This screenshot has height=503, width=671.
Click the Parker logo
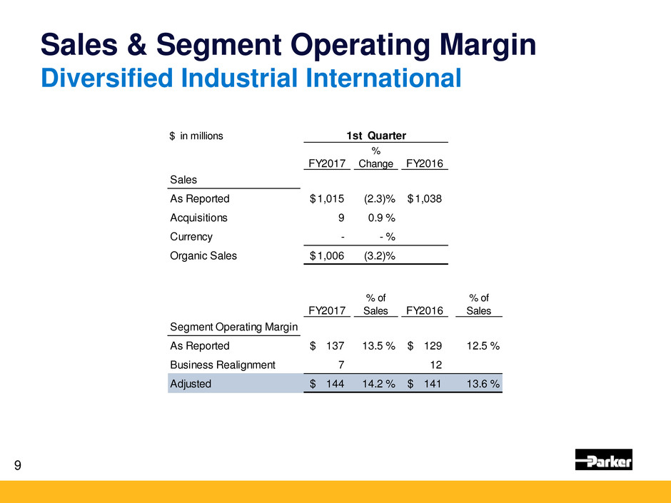[603, 459]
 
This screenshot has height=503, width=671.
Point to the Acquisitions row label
[198, 218]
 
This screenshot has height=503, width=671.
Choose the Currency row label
[191, 236]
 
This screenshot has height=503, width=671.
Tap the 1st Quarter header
[375, 136]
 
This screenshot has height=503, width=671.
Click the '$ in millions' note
[196, 136]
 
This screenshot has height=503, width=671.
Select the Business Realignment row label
[222, 365]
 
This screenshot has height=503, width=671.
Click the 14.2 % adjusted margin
[374, 383]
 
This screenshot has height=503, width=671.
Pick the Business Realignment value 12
[435, 365]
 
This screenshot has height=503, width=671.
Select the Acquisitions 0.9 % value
[379, 218]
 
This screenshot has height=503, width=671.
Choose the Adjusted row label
[191, 383]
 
